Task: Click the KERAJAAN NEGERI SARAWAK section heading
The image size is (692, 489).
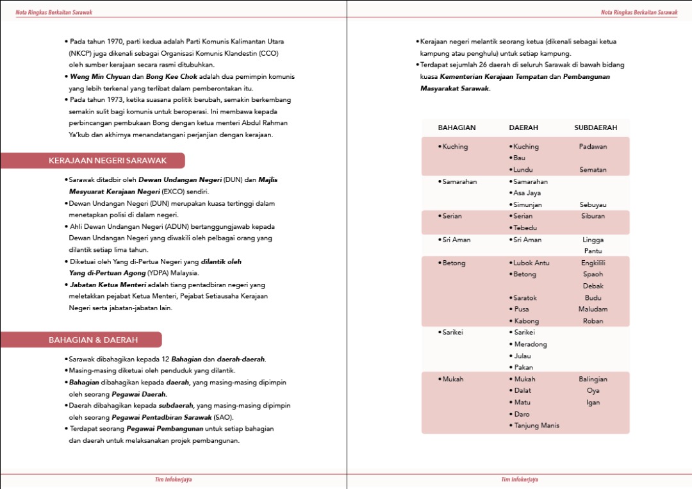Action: [x=107, y=161]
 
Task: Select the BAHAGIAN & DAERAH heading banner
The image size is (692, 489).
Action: [x=93, y=340]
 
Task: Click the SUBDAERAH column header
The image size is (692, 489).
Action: [x=595, y=128]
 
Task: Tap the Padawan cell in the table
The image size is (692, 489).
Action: [x=593, y=147]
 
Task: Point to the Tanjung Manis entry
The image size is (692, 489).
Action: [x=536, y=426]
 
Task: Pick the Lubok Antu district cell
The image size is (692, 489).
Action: [x=531, y=263]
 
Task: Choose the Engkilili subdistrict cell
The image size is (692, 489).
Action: [x=593, y=263]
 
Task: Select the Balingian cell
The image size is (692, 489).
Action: [x=593, y=379]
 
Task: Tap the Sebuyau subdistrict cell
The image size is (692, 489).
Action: [x=593, y=205]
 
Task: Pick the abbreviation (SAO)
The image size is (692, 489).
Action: [x=224, y=417]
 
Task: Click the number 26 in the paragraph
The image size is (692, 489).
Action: [x=484, y=65]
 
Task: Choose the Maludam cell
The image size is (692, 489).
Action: [x=593, y=310]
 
